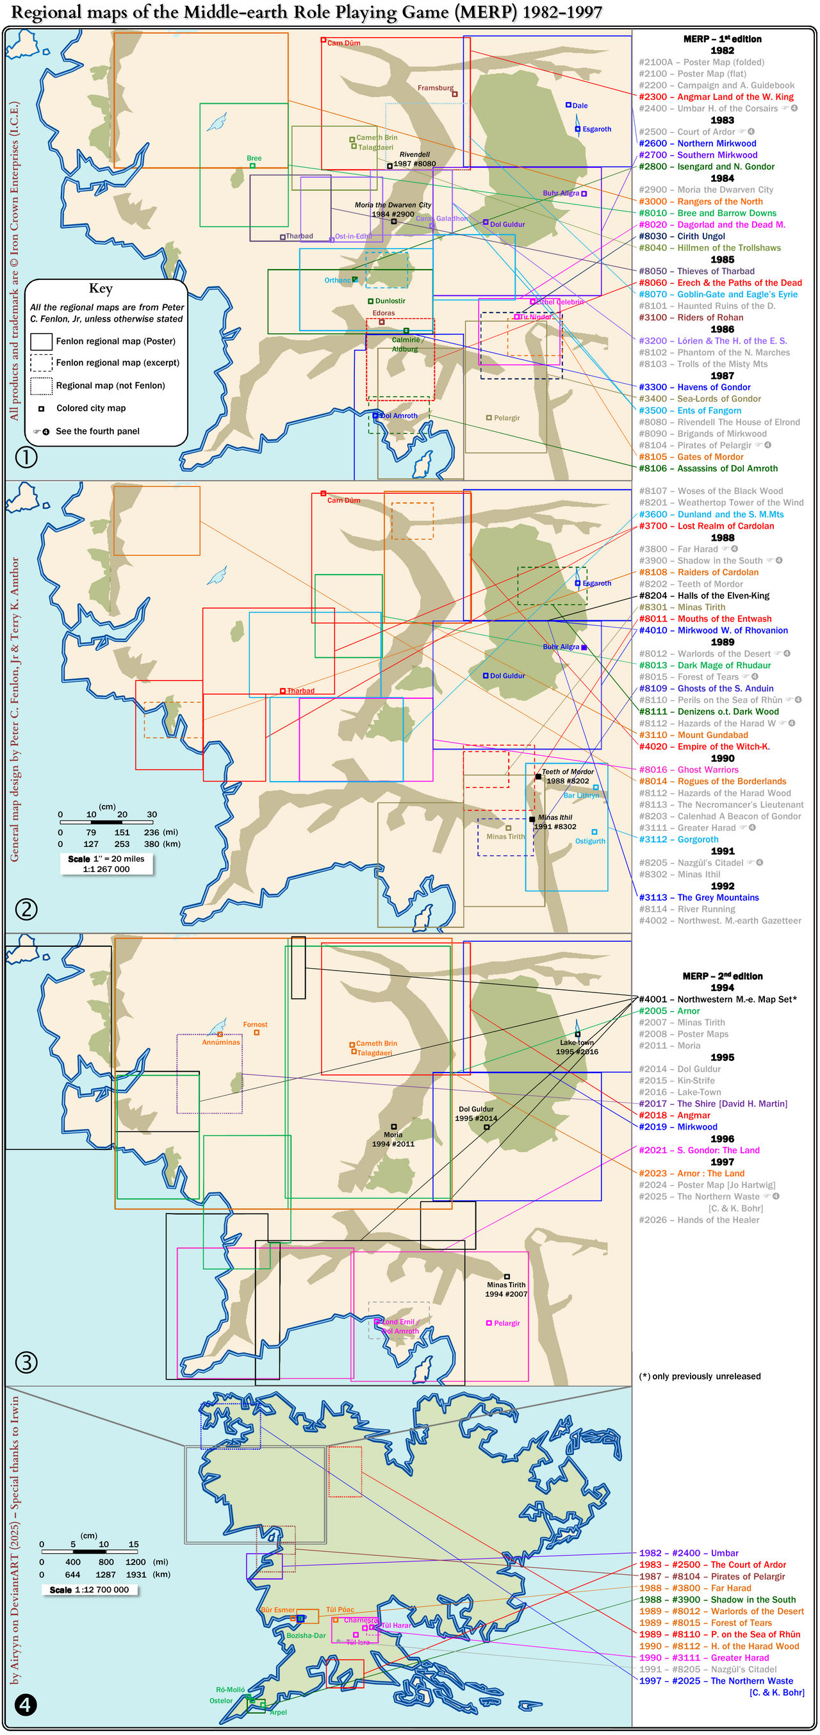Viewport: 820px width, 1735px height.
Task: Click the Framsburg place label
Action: pyautogui.click(x=435, y=88)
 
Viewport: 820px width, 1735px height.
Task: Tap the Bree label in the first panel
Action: pyautogui.click(x=254, y=158)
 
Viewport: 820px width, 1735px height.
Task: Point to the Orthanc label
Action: pyautogui.click(x=338, y=280)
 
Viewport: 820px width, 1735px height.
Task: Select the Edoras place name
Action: pyautogui.click(x=384, y=313)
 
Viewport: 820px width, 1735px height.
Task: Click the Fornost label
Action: pyautogui.click(x=255, y=1024)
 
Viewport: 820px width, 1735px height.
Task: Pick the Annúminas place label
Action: pyautogui.click(x=221, y=1041)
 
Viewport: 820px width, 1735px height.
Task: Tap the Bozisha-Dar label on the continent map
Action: pyautogui.click(x=306, y=1634)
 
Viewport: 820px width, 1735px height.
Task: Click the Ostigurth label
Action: pyautogui.click(x=590, y=841)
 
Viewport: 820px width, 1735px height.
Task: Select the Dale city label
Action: pyautogui.click(x=580, y=106)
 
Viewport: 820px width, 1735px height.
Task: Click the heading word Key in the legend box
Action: pyautogui.click(x=101, y=288)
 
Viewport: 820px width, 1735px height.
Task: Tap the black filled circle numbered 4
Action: pyautogui.click(x=26, y=1704)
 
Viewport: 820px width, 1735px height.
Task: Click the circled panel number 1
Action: pyautogui.click(x=26, y=458)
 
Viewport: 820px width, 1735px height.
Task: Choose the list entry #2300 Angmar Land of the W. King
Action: pyautogui.click(x=716, y=97)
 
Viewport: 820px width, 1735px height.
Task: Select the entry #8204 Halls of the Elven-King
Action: pyautogui.click(x=714, y=595)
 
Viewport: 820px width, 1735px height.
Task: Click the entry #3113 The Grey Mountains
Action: pyautogui.click(x=709, y=897)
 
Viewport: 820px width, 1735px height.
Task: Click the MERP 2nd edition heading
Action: pyautogui.click(x=723, y=976)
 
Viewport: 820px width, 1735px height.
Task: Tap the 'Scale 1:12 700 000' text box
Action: pyautogui.click(x=89, y=1590)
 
